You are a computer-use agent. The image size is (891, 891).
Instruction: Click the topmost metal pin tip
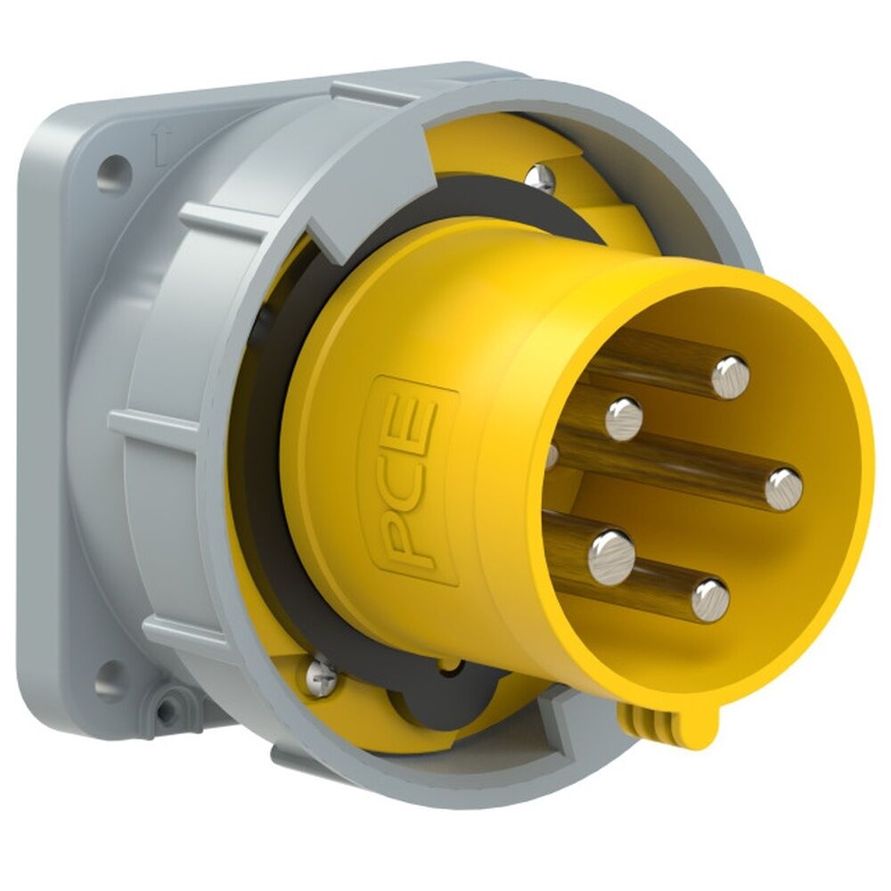(730, 376)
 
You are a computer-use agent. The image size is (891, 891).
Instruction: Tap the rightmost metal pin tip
(784, 489)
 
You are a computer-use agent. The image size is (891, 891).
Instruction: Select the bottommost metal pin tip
(710, 599)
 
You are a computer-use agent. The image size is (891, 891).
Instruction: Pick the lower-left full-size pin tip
(611, 555)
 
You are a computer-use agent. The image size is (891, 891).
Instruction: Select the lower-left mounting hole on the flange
(110, 680)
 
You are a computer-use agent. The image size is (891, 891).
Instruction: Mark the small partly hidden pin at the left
(552, 456)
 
